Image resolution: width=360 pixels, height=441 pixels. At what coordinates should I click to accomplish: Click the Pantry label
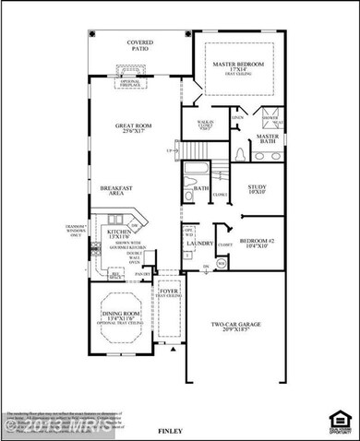(143, 274)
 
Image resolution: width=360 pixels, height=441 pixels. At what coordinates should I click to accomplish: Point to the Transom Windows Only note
(74, 229)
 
